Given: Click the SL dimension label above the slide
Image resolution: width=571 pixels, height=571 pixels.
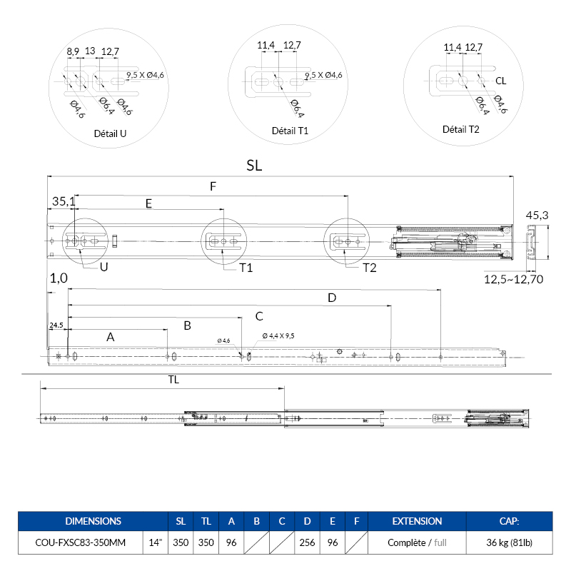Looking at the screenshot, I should (x=254, y=165).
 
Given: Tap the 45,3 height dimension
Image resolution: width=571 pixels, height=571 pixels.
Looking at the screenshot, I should (x=537, y=215).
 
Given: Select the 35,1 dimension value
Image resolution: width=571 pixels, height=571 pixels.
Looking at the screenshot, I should (x=62, y=202).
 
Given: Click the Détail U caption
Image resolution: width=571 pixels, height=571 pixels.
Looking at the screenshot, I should (x=110, y=133).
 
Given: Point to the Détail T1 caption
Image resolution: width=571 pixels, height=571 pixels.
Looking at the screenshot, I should (x=290, y=131).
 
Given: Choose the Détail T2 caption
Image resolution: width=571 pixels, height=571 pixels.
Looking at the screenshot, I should (x=461, y=129).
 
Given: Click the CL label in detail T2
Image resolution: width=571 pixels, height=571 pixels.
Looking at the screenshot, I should (x=501, y=81).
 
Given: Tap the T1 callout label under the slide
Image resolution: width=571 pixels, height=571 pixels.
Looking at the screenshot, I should (x=246, y=268).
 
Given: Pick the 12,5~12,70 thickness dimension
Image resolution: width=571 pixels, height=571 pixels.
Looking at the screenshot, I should (x=514, y=279).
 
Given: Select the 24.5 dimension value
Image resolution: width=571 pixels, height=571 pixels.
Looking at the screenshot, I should (x=56, y=325).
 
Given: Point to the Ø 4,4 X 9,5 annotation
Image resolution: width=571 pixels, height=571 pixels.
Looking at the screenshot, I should (x=278, y=335).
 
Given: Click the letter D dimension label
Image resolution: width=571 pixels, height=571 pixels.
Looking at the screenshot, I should (x=331, y=298).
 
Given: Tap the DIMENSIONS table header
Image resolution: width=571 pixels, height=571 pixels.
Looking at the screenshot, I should (x=93, y=521).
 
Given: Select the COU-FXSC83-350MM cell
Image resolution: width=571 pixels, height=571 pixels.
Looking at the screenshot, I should (x=80, y=542).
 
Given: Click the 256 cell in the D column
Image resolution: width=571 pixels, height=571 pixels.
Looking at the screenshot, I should (x=307, y=542).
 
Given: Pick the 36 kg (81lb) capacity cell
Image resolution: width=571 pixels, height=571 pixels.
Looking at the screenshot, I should (x=510, y=542).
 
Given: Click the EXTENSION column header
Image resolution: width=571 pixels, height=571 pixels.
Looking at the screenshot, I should (x=418, y=521).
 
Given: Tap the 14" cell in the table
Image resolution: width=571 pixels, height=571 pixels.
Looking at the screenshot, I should (x=156, y=542).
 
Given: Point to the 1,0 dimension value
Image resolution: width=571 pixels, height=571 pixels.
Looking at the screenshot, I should (x=59, y=280).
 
